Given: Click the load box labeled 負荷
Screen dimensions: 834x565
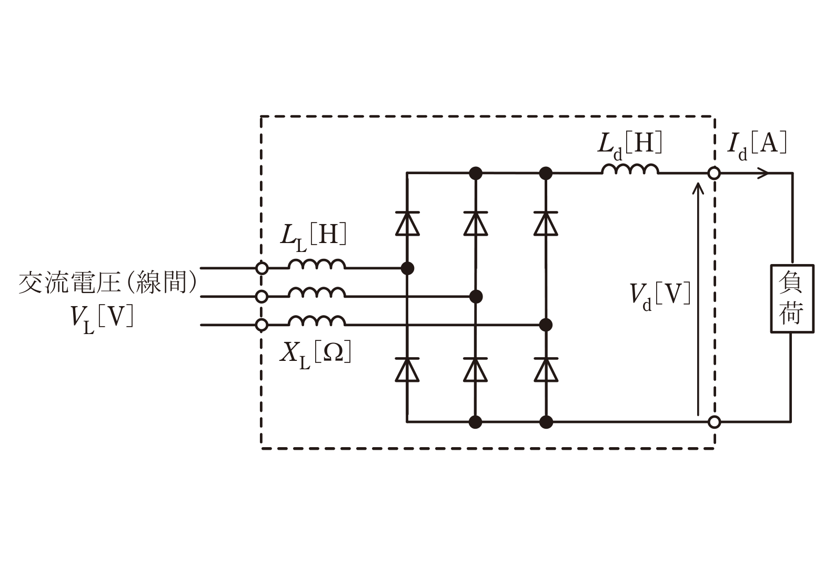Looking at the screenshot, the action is (792, 298).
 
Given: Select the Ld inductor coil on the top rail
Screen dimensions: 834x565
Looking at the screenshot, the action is (630, 169).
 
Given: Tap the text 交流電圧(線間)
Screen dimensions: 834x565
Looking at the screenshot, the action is (107, 283).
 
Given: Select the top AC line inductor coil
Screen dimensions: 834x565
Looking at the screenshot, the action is (317, 264).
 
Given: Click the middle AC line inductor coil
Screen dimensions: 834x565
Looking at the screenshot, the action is (317, 292).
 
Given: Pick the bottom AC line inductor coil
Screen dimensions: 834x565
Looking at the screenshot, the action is (317, 320).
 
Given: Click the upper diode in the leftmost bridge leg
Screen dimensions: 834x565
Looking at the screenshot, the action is (407, 224).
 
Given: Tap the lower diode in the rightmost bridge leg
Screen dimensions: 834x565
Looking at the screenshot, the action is (546, 370).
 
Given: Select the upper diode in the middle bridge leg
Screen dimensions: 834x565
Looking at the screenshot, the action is (476, 224).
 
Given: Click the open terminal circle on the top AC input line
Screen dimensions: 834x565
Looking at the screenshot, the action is (262, 268).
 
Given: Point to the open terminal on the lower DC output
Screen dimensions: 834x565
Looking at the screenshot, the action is (714, 422).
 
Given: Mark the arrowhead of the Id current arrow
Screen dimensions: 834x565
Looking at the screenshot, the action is (764, 173).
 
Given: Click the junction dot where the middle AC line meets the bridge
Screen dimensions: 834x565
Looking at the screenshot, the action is (476, 297).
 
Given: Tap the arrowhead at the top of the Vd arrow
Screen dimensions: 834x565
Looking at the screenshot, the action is (698, 188).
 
